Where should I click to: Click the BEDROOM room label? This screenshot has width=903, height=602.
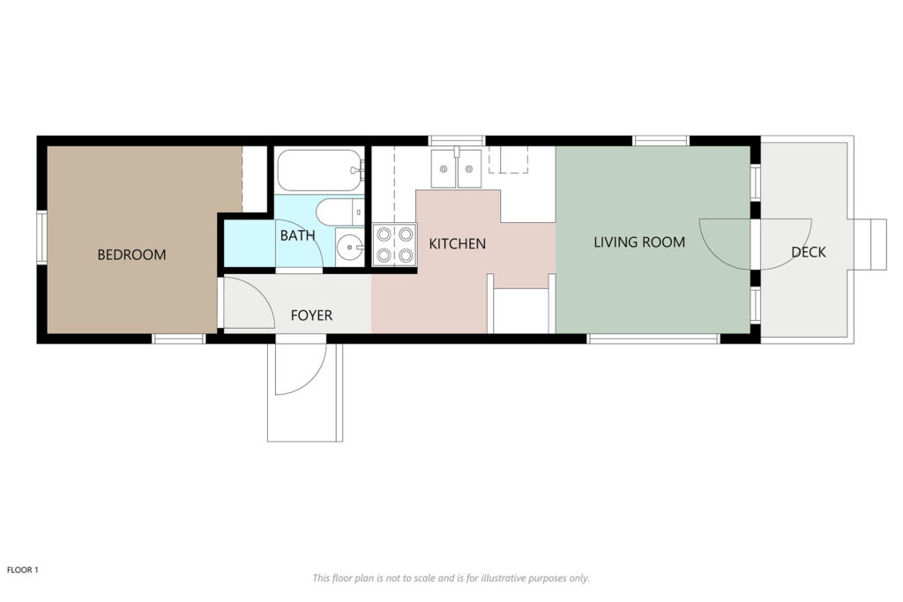[x=131, y=255]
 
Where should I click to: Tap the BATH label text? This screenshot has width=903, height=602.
[x=298, y=235]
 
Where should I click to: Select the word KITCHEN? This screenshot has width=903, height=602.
[x=458, y=243]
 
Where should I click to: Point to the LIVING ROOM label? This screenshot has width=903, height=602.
[x=639, y=242]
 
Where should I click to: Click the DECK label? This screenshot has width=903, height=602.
[x=809, y=252]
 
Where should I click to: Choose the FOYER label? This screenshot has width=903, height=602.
[x=311, y=316]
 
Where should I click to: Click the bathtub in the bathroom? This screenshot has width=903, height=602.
[x=319, y=170]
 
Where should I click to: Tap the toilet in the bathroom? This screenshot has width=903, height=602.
[x=340, y=212]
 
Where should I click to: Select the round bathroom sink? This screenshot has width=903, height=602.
[x=350, y=247]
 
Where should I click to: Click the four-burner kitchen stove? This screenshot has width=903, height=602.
[x=394, y=245]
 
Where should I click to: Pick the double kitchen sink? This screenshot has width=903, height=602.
[x=456, y=168]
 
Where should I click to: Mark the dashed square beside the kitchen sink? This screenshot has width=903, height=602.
[x=509, y=160]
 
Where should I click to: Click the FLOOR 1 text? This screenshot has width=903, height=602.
[x=22, y=569]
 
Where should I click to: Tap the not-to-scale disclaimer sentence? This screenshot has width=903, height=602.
[x=451, y=578]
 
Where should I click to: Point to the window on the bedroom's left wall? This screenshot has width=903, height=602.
[x=41, y=238]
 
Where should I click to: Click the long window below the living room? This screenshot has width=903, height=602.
[x=653, y=338]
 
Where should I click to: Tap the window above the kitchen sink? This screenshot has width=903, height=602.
[x=458, y=140]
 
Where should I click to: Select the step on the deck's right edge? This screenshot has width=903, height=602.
[x=870, y=244]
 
